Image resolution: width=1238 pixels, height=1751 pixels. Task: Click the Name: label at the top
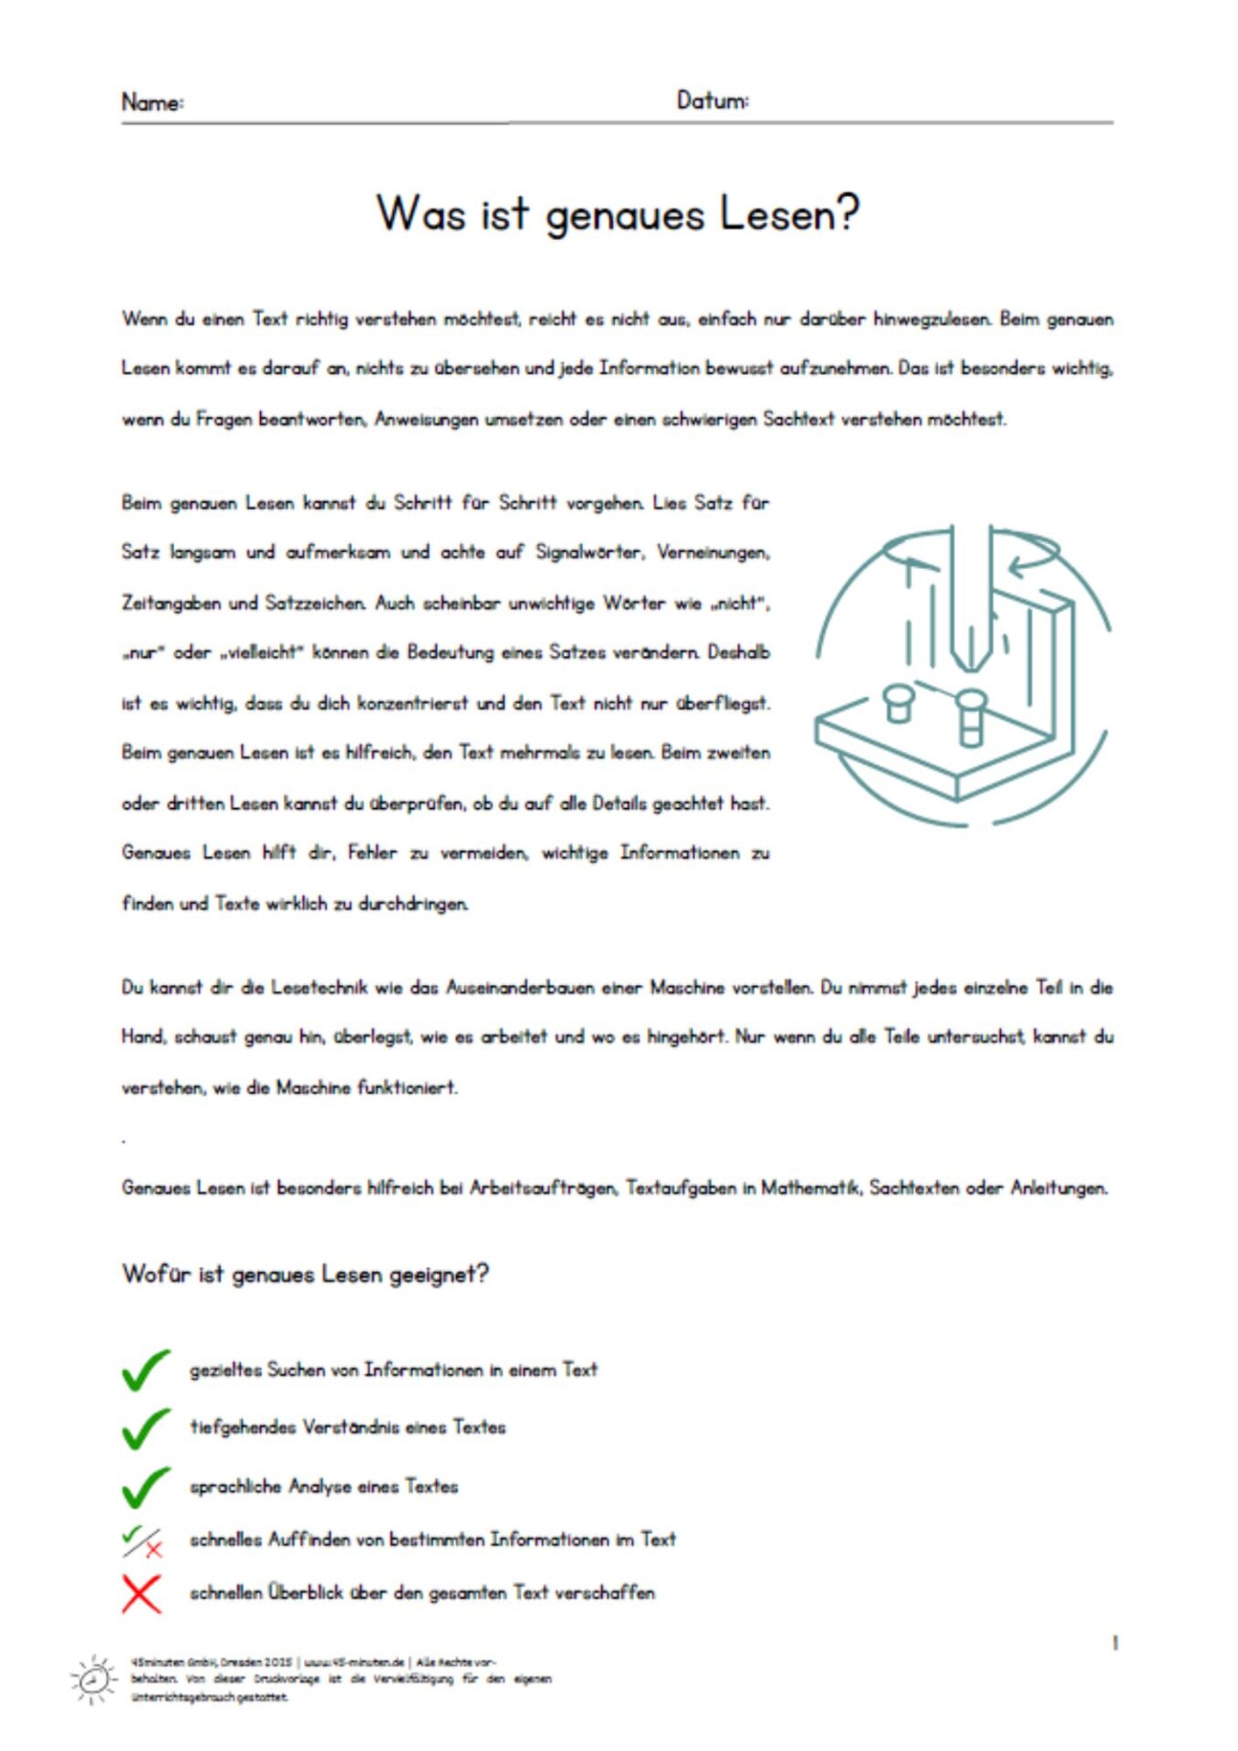coord(152,102)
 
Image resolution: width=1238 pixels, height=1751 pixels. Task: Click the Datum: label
coord(713,100)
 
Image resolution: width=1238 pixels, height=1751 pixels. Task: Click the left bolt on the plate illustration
coord(900,703)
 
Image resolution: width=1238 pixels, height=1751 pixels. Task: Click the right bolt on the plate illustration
coord(972,715)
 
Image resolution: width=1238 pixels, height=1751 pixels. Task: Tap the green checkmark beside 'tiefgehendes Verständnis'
coord(145,1428)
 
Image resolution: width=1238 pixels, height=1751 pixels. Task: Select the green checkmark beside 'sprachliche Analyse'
coord(145,1487)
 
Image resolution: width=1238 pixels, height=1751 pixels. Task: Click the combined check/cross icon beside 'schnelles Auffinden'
coord(142,1541)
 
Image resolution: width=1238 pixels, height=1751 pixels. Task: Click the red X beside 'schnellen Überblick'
coord(141,1593)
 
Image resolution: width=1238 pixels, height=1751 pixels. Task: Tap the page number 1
coord(1115,1642)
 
